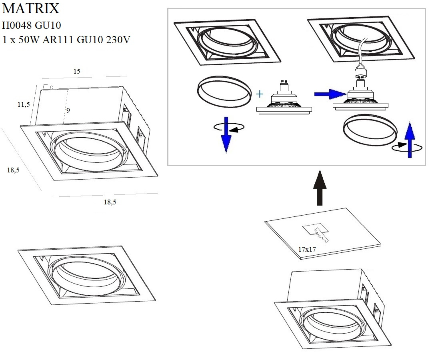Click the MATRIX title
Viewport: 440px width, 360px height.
pos(31,9)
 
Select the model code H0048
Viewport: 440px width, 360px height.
pos(17,25)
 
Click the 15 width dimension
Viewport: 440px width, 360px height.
pos(77,71)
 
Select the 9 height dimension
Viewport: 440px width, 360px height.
pos(68,110)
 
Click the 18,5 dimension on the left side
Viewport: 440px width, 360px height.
pos(13,170)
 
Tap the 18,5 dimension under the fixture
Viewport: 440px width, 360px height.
pos(110,202)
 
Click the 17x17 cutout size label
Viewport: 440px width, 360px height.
pos(307,249)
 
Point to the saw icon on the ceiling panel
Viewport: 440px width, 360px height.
pos(320,234)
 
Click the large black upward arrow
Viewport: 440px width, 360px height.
pos(320,188)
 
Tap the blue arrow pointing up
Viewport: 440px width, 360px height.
pos(409,140)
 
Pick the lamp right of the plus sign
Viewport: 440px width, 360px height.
pos(284,102)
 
